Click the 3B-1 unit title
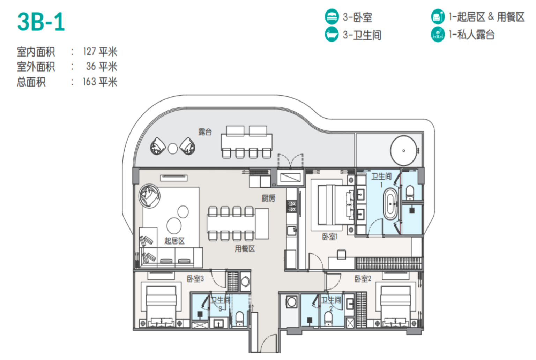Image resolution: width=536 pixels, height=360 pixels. [x=41, y=22]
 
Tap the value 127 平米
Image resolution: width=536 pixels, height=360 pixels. [x=100, y=52]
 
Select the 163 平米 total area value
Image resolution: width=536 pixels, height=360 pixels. [x=100, y=82]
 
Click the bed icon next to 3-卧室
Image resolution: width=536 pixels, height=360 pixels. [x=332, y=16]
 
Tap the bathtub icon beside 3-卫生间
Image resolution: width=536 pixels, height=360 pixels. [x=332, y=34]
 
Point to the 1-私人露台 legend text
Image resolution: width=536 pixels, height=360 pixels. [x=472, y=35]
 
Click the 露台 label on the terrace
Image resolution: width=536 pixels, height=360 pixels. [x=205, y=132]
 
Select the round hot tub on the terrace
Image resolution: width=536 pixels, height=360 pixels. [x=403, y=151]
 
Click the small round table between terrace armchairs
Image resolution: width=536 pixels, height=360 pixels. [x=172, y=149]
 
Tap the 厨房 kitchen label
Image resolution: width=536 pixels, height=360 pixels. [x=268, y=198]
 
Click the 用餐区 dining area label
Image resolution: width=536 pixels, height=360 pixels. [x=245, y=249]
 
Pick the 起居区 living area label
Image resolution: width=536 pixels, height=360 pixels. [x=174, y=241]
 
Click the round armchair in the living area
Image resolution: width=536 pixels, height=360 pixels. [x=150, y=196]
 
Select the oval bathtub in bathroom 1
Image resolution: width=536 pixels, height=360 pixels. [x=390, y=204]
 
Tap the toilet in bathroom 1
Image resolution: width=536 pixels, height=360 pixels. [x=410, y=193]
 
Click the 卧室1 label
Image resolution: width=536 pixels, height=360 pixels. [x=330, y=237]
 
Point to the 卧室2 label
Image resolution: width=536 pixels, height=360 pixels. [x=363, y=279]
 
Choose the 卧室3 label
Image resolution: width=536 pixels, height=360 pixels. [x=195, y=279]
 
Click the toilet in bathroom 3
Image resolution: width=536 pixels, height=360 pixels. [x=239, y=318]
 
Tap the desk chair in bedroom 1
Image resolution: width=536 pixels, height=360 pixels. [x=341, y=254]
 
